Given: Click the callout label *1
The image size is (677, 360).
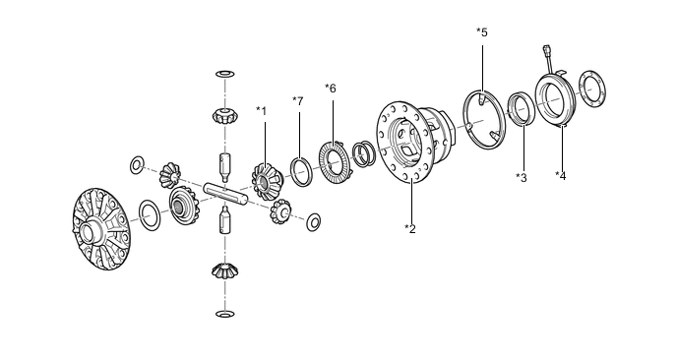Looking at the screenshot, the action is (x=261, y=111).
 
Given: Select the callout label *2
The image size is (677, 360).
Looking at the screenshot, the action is (x=410, y=229).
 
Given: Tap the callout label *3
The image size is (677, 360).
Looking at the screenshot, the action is (x=522, y=177).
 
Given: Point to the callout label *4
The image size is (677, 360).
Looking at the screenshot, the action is (x=561, y=175).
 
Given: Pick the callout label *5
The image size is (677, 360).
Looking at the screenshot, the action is (x=482, y=31).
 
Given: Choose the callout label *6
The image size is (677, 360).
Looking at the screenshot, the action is (x=331, y=89).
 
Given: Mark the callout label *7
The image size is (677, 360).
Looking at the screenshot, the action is (x=298, y=101).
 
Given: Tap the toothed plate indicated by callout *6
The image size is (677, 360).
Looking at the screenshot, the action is (x=335, y=162).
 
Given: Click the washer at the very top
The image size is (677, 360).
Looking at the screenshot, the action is (x=225, y=74).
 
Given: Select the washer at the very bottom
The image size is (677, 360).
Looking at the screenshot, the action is (x=225, y=314).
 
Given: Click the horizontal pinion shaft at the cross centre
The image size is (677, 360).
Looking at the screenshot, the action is (x=225, y=193).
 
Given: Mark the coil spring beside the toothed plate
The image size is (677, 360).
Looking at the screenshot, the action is (x=363, y=153).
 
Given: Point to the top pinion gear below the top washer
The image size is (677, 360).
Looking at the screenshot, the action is (x=224, y=116).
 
